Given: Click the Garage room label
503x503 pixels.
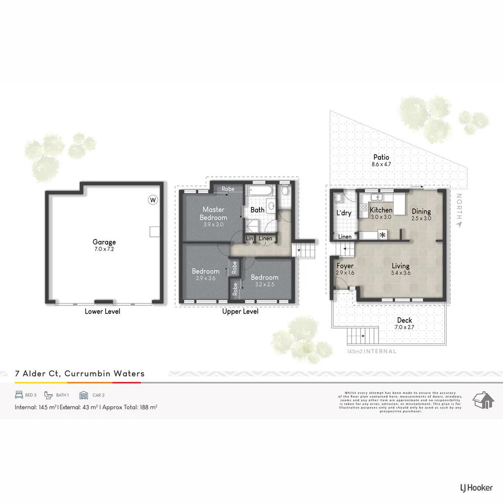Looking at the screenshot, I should (x=104, y=242).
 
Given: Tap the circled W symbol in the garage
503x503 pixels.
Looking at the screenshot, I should (x=152, y=200).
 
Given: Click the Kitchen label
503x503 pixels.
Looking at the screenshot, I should (x=381, y=210).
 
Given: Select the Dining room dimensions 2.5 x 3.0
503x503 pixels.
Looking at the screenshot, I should (x=421, y=218).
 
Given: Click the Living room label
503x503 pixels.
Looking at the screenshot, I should (x=400, y=266).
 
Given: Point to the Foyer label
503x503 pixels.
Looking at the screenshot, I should (x=345, y=266).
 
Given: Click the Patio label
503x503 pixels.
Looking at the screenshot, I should (x=381, y=157).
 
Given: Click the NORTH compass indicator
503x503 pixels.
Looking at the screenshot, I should (x=459, y=210).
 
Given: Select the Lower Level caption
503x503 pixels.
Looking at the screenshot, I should (x=102, y=312).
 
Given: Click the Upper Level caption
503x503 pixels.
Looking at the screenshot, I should (x=240, y=312).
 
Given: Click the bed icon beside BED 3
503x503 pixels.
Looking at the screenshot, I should (x=19, y=395).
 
